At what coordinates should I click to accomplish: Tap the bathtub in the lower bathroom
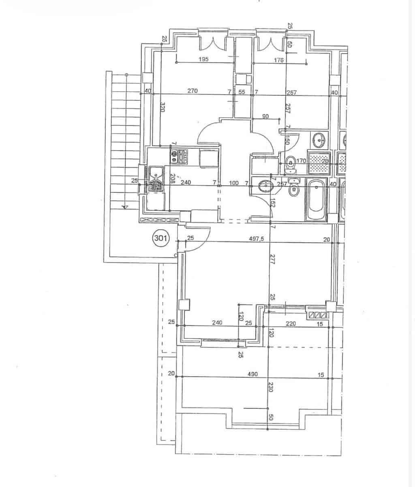[316, 201]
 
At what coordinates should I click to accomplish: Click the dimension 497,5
[256, 239]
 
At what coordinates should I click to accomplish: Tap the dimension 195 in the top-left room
[204, 59]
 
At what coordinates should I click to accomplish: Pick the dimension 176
[279, 60]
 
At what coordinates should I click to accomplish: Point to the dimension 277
[272, 259]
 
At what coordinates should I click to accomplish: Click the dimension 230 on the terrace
[271, 387]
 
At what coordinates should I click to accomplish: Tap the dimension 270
[193, 91]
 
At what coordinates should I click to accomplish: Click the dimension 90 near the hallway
[266, 116]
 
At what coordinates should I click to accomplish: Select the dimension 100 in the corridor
[234, 183]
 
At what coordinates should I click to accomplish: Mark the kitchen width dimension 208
[172, 179]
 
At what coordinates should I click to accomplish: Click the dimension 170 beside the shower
[301, 161]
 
